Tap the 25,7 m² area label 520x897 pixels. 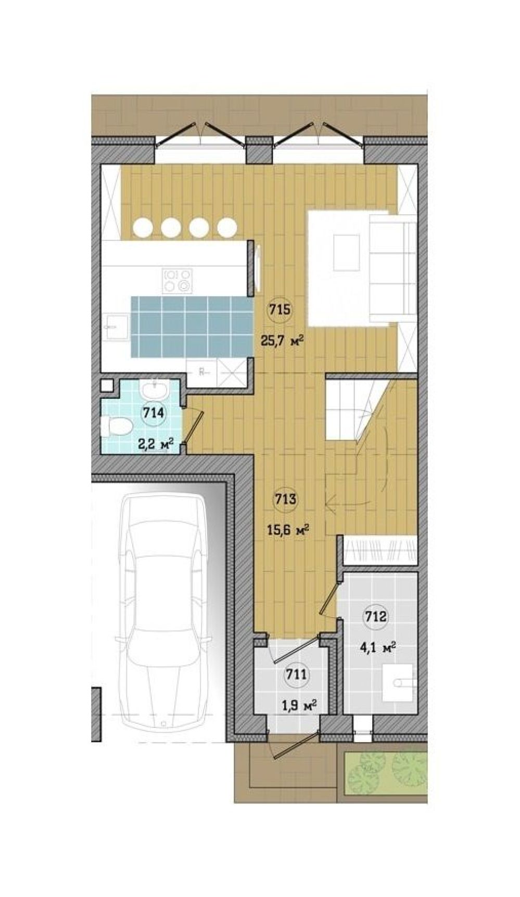click(x=282, y=341)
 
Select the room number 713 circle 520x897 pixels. click(x=285, y=500)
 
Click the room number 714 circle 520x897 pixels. click(x=154, y=414)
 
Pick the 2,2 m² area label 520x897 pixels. click(x=155, y=445)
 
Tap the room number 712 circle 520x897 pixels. click(x=375, y=617)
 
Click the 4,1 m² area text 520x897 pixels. click(x=378, y=648)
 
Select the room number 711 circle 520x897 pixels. click(x=296, y=675)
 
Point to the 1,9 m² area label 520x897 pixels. click(x=299, y=706)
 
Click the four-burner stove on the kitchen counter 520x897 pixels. click(x=177, y=280)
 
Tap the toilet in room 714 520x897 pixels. click(x=117, y=427)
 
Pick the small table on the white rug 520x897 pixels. click(x=347, y=252)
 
